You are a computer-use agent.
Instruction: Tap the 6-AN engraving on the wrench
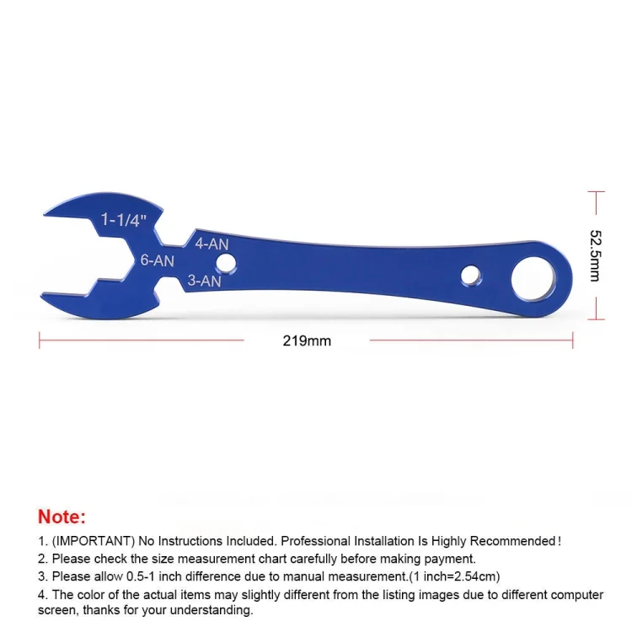tap(157, 261)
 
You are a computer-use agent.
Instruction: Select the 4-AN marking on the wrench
tap(212, 244)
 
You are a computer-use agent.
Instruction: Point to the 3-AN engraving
tap(204, 281)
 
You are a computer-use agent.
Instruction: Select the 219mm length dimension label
tap(307, 341)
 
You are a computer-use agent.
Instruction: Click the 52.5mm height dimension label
tap(595, 254)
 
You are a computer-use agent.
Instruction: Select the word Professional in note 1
tap(319, 541)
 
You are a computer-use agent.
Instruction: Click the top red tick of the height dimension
tap(596, 192)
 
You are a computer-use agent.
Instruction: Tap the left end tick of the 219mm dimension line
tap(40, 340)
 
